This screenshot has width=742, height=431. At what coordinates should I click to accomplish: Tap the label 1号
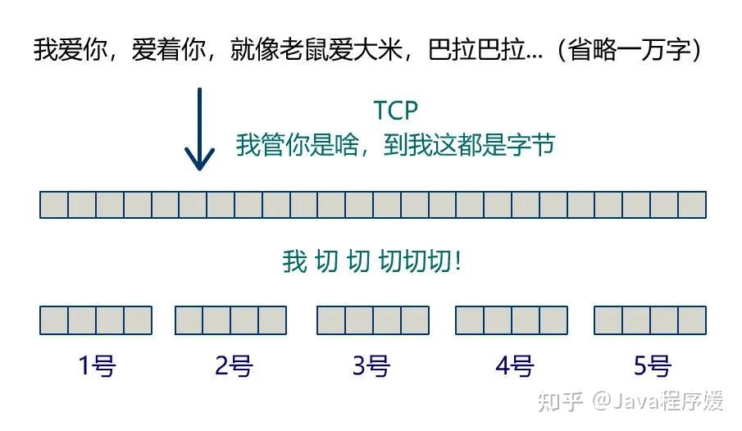coord(96,365)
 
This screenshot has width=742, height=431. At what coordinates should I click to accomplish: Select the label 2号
coord(233,365)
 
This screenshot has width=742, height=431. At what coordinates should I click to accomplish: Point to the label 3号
coord(371,365)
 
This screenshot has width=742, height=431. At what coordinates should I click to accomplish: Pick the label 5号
coord(652,365)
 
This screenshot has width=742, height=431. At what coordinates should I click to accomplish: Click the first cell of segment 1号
coord(54,320)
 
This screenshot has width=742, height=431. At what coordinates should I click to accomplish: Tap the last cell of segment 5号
coord(692,320)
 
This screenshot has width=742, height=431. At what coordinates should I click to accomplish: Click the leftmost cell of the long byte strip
coord(54,204)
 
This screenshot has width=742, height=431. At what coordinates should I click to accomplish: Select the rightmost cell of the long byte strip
coord(692,204)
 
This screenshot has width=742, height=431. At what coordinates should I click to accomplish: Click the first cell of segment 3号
coord(331,320)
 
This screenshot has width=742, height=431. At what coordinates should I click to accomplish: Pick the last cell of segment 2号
coord(272,320)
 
